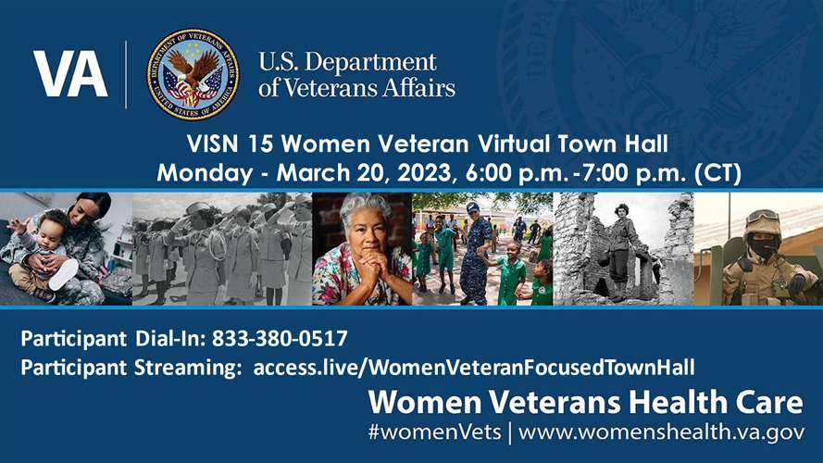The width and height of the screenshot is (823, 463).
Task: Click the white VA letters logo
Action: [71, 74]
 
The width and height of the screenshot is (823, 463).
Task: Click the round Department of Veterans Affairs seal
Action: [193, 74]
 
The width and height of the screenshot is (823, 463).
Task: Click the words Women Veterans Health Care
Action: [586, 403]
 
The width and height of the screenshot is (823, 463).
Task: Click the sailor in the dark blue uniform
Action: [475, 250]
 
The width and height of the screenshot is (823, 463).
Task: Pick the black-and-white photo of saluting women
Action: [222, 248]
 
